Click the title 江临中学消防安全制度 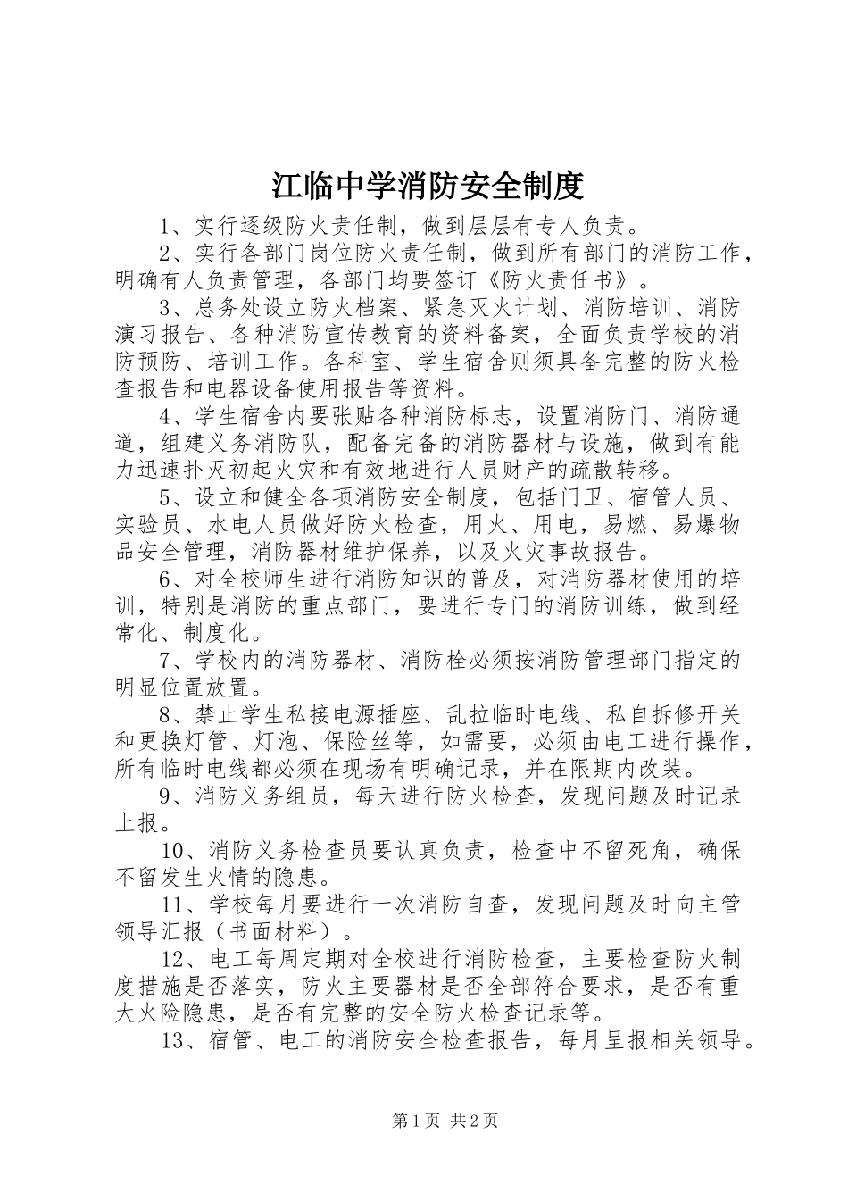(x=428, y=185)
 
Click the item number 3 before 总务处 (x=165, y=308)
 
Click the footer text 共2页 (x=475, y=1121)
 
